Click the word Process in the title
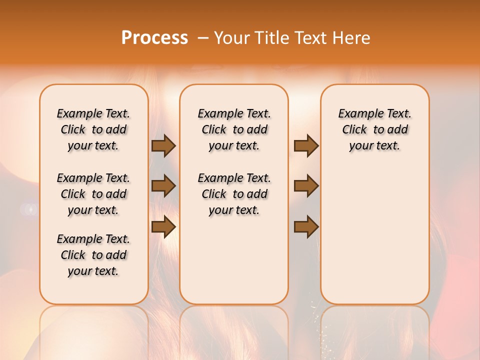coord(154,38)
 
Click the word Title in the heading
coord(272,38)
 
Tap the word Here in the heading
coord(351,38)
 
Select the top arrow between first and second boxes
coord(163,145)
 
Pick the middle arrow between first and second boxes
coord(163,186)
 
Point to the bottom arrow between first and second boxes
coord(163,227)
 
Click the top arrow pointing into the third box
coord(306,145)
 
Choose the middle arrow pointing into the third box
coord(306,186)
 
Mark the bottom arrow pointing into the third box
coord(306,227)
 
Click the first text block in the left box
coord(93,129)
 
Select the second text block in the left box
coord(93,194)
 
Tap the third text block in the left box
coord(93,255)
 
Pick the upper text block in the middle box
coord(234,129)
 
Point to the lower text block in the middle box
coord(234,194)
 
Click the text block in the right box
coord(374,129)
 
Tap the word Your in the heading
coord(231,38)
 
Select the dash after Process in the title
coord(203,38)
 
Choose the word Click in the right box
coord(355,130)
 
